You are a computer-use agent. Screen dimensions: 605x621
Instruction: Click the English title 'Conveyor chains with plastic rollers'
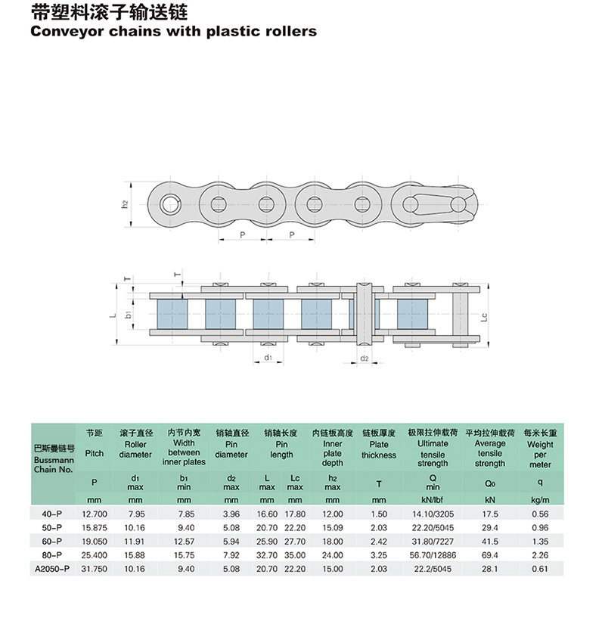173,31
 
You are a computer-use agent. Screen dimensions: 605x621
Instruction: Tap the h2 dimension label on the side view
125,204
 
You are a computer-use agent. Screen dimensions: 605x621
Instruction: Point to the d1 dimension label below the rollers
268,358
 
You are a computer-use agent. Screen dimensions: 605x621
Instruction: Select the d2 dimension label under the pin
365,359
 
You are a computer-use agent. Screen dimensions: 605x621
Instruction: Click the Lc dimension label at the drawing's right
484,317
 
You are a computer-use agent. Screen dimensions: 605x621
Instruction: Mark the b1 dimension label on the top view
128,315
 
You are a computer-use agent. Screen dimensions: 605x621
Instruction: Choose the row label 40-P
52,514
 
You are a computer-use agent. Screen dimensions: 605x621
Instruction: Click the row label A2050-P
52,569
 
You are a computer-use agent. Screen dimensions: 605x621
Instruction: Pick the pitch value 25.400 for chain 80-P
95,555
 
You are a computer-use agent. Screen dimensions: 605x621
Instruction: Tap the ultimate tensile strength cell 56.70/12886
433,555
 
